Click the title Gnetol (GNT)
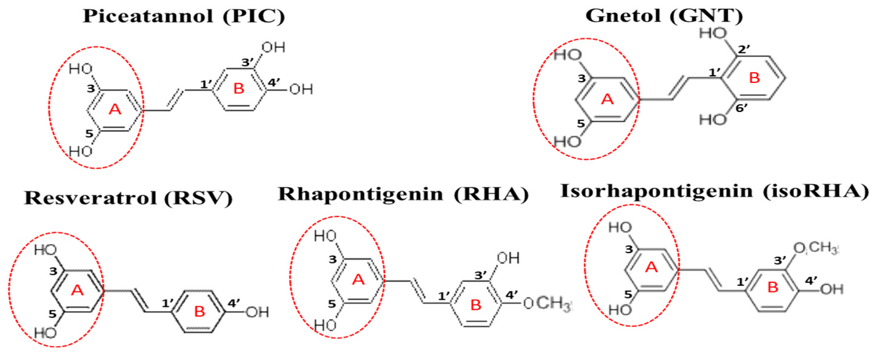click(x=664, y=16)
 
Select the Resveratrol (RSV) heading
click(x=128, y=198)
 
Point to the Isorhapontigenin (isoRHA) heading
click(x=715, y=191)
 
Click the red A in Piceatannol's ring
click(x=115, y=110)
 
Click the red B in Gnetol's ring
click(x=754, y=78)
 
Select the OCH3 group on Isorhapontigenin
click(x=816, y=248)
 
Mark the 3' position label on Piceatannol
click(x=248, y=62)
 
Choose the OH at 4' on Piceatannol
click(x=301, y=90)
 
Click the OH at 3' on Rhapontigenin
click(x=508, y=258)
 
